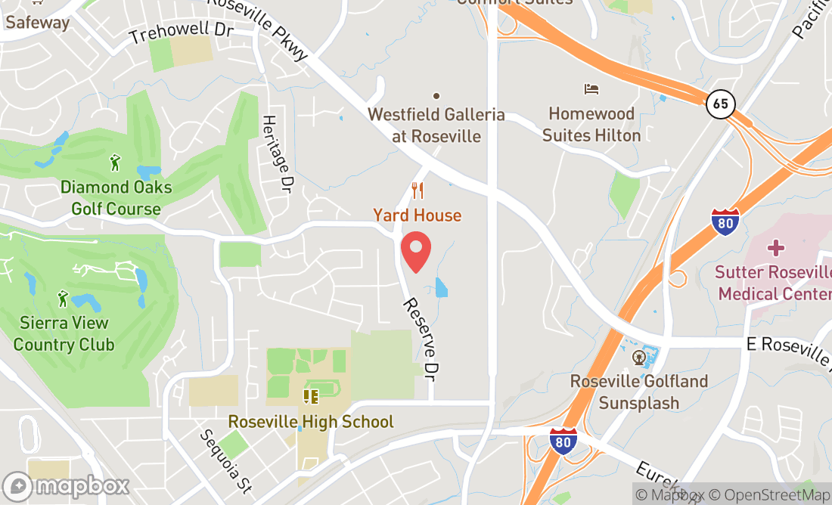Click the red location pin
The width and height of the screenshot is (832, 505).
(415, 253)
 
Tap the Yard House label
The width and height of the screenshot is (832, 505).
(417, 215)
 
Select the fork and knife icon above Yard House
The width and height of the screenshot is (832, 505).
(417, 190)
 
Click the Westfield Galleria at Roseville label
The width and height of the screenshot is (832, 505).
(436, 125)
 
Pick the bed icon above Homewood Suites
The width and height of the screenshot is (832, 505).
(591, 89)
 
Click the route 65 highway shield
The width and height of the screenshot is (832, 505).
(722, 104)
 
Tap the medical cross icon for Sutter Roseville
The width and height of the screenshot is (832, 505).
(775, 248)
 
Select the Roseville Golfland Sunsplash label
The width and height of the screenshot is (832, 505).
(639, 392)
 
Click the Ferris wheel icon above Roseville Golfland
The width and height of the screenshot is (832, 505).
(639, 356)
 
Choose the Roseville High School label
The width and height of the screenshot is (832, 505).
(311, 421)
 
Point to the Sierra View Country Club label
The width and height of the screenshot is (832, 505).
(64, 333)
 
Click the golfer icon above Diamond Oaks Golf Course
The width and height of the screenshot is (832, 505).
(115, 162)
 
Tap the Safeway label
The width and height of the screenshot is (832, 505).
(37, 22)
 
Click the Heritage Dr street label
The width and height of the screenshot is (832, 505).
(277, 153)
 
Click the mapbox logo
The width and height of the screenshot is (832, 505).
(66, 485)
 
